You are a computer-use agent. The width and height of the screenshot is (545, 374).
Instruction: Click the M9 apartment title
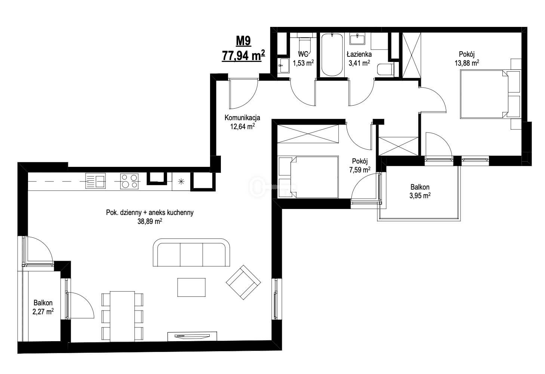(243, 41)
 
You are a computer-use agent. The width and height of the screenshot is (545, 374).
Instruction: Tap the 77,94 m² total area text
(243, 56)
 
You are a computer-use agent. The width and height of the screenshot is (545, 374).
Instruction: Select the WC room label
(303, 54)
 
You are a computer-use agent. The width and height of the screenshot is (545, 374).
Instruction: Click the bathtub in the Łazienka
(332, 55)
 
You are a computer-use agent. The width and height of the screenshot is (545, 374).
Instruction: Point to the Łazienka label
(359, 54)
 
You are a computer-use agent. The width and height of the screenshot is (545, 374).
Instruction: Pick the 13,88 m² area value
(467, 63)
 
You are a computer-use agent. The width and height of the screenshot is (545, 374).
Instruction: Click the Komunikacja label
(242, 118)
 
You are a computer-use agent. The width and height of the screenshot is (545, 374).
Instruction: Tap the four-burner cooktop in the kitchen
(129, 181)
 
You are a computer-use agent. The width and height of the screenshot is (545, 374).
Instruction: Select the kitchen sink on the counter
(95, 181)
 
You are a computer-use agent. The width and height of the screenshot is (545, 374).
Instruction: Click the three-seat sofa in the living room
(191, 252)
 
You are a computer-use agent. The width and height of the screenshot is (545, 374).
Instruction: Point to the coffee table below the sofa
(191, 287)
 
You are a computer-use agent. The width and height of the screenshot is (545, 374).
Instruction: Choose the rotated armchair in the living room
(243, 283)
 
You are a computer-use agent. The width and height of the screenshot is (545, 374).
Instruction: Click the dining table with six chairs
(122, 317)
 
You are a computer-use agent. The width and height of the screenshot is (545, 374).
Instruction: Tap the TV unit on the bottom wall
(192, 336)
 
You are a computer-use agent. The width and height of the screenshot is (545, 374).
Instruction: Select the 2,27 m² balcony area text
(43, 312)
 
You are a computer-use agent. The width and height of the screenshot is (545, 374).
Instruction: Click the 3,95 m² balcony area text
(420, 196)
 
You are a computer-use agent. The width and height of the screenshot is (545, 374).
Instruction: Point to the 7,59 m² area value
(360, 169)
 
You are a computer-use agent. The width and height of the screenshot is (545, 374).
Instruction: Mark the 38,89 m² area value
(150, 221)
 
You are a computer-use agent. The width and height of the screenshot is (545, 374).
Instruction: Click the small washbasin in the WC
(283, 65)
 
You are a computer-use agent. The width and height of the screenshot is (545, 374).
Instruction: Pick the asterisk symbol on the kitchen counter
(181, 181)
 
